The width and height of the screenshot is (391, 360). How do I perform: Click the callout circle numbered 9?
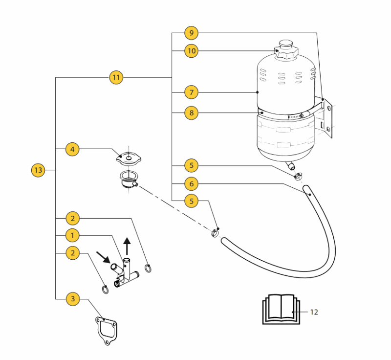click(192, 33)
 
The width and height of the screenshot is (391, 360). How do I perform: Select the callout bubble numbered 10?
click(192, 50)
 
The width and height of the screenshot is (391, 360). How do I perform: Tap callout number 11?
click(116, 77)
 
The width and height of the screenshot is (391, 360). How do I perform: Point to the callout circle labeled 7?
click(192, 92)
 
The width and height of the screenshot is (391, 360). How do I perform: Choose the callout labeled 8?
click(192, 113)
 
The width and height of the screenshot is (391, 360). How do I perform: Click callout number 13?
click(38, 170)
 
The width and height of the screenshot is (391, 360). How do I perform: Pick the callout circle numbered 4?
click(72, 149)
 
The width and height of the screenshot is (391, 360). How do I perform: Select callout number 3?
click(72, 298)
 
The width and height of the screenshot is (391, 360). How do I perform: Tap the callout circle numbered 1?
click(72, 235)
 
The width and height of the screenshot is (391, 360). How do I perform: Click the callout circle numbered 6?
click(192, 184)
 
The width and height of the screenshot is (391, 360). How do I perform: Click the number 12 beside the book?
click(314, 312)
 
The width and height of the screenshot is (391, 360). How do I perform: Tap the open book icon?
click(279, 309)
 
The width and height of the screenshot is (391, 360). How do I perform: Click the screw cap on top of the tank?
click(284, 49)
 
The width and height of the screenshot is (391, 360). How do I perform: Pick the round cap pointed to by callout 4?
click(128, 157)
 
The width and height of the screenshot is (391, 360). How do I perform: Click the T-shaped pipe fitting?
click(127, 274)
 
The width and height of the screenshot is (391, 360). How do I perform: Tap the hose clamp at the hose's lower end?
click(215, 233)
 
